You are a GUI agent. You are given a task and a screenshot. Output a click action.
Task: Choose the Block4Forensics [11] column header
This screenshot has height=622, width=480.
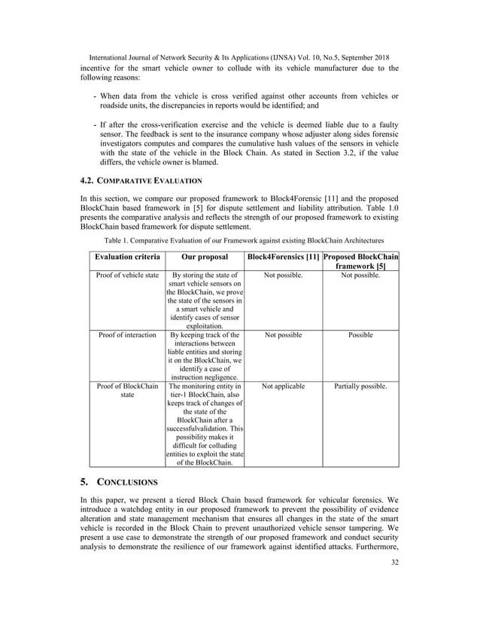282,258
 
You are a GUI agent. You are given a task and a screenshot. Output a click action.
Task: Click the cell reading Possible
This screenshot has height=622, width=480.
360,335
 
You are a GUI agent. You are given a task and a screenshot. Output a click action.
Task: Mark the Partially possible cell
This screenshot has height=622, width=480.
360,386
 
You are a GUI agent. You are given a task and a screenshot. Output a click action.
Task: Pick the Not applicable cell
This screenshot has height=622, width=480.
282,386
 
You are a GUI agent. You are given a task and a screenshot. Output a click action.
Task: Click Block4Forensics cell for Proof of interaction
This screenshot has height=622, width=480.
282,335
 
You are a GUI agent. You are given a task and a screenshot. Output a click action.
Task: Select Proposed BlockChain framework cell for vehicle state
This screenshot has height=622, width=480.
360,276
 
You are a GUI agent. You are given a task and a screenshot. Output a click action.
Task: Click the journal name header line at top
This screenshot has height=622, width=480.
238,56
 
